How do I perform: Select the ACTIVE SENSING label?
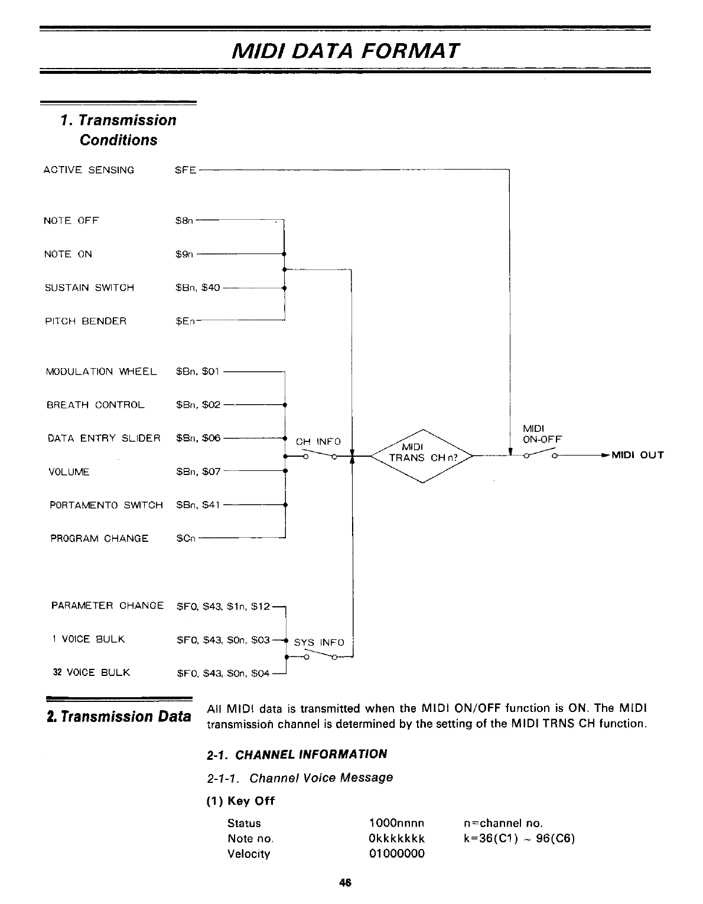89,170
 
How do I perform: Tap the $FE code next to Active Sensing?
186,170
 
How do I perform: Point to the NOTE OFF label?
71,221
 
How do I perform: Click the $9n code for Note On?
184,254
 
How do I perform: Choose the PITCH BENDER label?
86,321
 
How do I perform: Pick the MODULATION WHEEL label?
102,372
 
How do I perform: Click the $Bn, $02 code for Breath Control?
198,405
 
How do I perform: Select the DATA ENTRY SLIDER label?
104,438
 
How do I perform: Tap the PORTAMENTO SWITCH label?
106,505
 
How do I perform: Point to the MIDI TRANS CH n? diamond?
421,452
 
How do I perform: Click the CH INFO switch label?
318,441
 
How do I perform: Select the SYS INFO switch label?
319,642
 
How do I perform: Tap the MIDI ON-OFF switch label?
542,434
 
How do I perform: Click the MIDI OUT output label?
637,455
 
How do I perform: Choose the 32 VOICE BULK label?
92,673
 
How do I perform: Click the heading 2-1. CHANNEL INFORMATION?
297,755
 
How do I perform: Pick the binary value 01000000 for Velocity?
396,854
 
